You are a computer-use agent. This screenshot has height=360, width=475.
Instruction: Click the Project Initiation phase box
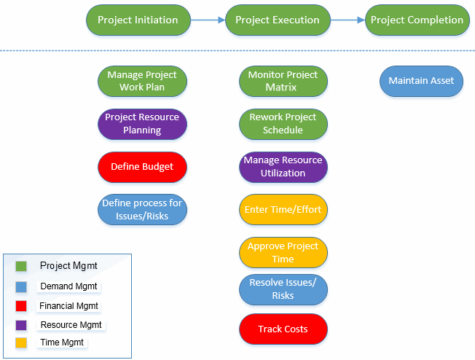click(x=138, y=20)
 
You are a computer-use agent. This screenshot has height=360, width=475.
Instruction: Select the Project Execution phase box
click(x=278, y=20)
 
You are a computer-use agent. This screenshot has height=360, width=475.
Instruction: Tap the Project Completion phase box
click(x=417, y=20)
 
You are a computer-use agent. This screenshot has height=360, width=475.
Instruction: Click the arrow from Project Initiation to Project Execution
click(x=208, y=20)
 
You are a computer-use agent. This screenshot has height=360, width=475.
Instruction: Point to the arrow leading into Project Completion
click(x=347, y=20)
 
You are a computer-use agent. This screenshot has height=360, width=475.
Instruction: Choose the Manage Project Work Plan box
click(x=142, y=81)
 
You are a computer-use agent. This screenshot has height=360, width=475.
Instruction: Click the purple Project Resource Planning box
click(x=142, y=124)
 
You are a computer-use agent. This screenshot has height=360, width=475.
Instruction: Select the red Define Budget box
click(x=142, y=167)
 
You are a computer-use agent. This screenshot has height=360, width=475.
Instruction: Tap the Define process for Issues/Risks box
click(x=142, y=210)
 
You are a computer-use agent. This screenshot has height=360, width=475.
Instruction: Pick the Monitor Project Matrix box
click(x=283, y=81)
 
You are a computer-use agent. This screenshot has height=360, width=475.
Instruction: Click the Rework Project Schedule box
click(x=283, y=124)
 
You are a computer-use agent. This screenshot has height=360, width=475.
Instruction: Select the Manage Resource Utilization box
click(x=283, y=167)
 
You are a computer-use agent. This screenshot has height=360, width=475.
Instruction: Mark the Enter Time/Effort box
click(x=283, y=210)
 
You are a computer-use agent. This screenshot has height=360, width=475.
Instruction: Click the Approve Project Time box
click(x=283, y=252)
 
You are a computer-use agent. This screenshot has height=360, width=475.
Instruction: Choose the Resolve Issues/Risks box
click(x=283, y=289)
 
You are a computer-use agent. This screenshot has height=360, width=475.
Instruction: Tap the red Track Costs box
click(x=283, y=329)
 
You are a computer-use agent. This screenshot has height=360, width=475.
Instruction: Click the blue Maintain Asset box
click(x=421, y=81)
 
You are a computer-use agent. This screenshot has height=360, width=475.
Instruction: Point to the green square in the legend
click(x=21, y=267)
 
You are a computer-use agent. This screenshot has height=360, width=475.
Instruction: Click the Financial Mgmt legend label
click(x=69, y=306)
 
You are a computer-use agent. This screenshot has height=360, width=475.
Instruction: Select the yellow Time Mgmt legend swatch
click(x=21, y=343)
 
